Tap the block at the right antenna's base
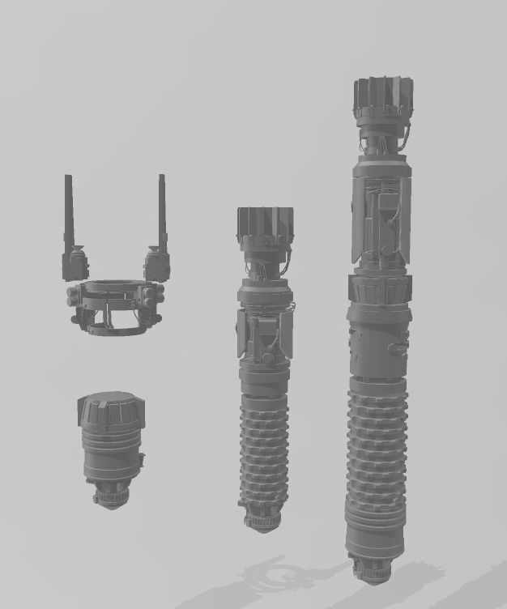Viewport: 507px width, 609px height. point(156,262)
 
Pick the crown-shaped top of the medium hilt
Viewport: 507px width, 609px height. point(264,228)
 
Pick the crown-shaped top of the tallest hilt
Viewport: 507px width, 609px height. point(382,99)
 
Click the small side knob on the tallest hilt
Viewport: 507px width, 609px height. point(398,348)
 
